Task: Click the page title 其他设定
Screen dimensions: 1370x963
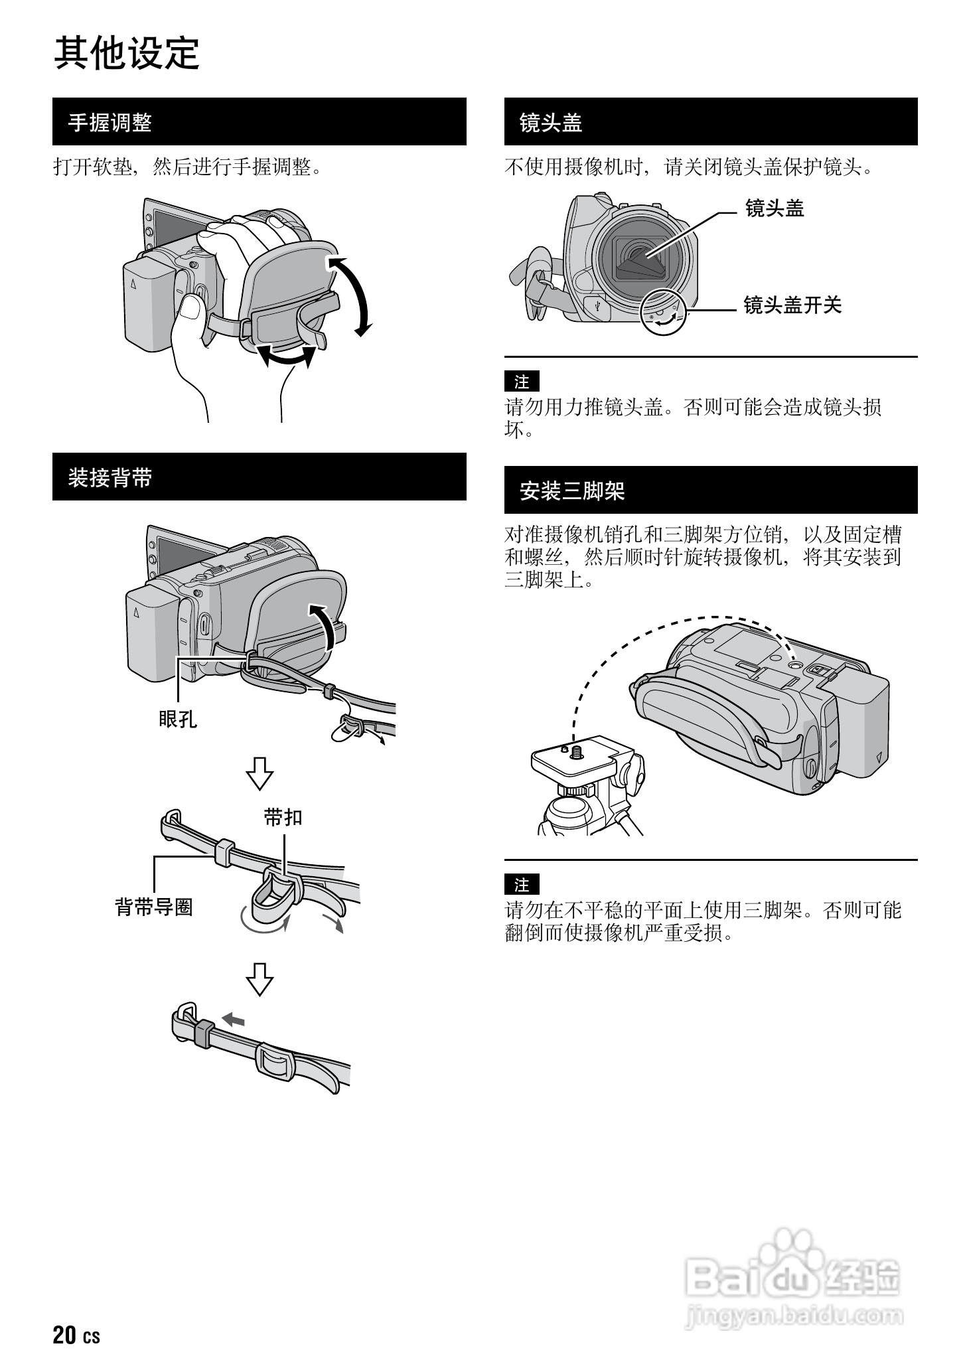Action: (x=126, y=53)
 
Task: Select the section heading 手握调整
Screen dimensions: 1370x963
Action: (x=110, y=123)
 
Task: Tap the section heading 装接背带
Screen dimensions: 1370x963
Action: (x=110, y=478)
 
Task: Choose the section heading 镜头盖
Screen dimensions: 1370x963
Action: (x=550, y=123)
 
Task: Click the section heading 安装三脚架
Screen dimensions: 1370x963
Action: (x=572, y=491)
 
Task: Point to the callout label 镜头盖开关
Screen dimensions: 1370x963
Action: (x=792, y=305)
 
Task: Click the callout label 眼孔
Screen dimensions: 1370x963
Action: (x=178, y=718)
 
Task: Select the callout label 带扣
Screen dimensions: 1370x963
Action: (x=283, y=818)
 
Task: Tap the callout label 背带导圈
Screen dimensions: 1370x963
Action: (x=154, y=907)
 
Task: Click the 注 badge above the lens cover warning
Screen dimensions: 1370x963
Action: (x=522, y=382)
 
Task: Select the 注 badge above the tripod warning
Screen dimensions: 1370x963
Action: (x=522, y=885)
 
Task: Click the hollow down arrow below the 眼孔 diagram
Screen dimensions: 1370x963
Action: (x=259, y=773)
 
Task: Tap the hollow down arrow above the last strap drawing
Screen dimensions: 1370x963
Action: (x=259, y=979)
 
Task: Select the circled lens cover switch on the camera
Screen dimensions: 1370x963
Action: (x=663, y=312)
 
